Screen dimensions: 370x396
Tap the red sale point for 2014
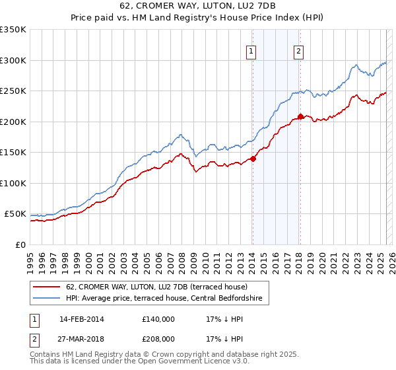coord(253,159)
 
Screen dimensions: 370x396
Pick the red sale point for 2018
coord(300,117)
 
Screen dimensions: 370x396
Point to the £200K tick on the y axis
coord(14,122)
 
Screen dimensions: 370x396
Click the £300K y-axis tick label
coord(14,60)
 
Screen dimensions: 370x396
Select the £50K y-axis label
coord(16,214)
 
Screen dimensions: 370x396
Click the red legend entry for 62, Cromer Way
coord(156,287)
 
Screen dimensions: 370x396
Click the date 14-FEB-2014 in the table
coord(82,319)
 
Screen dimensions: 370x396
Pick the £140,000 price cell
coord(158,319)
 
